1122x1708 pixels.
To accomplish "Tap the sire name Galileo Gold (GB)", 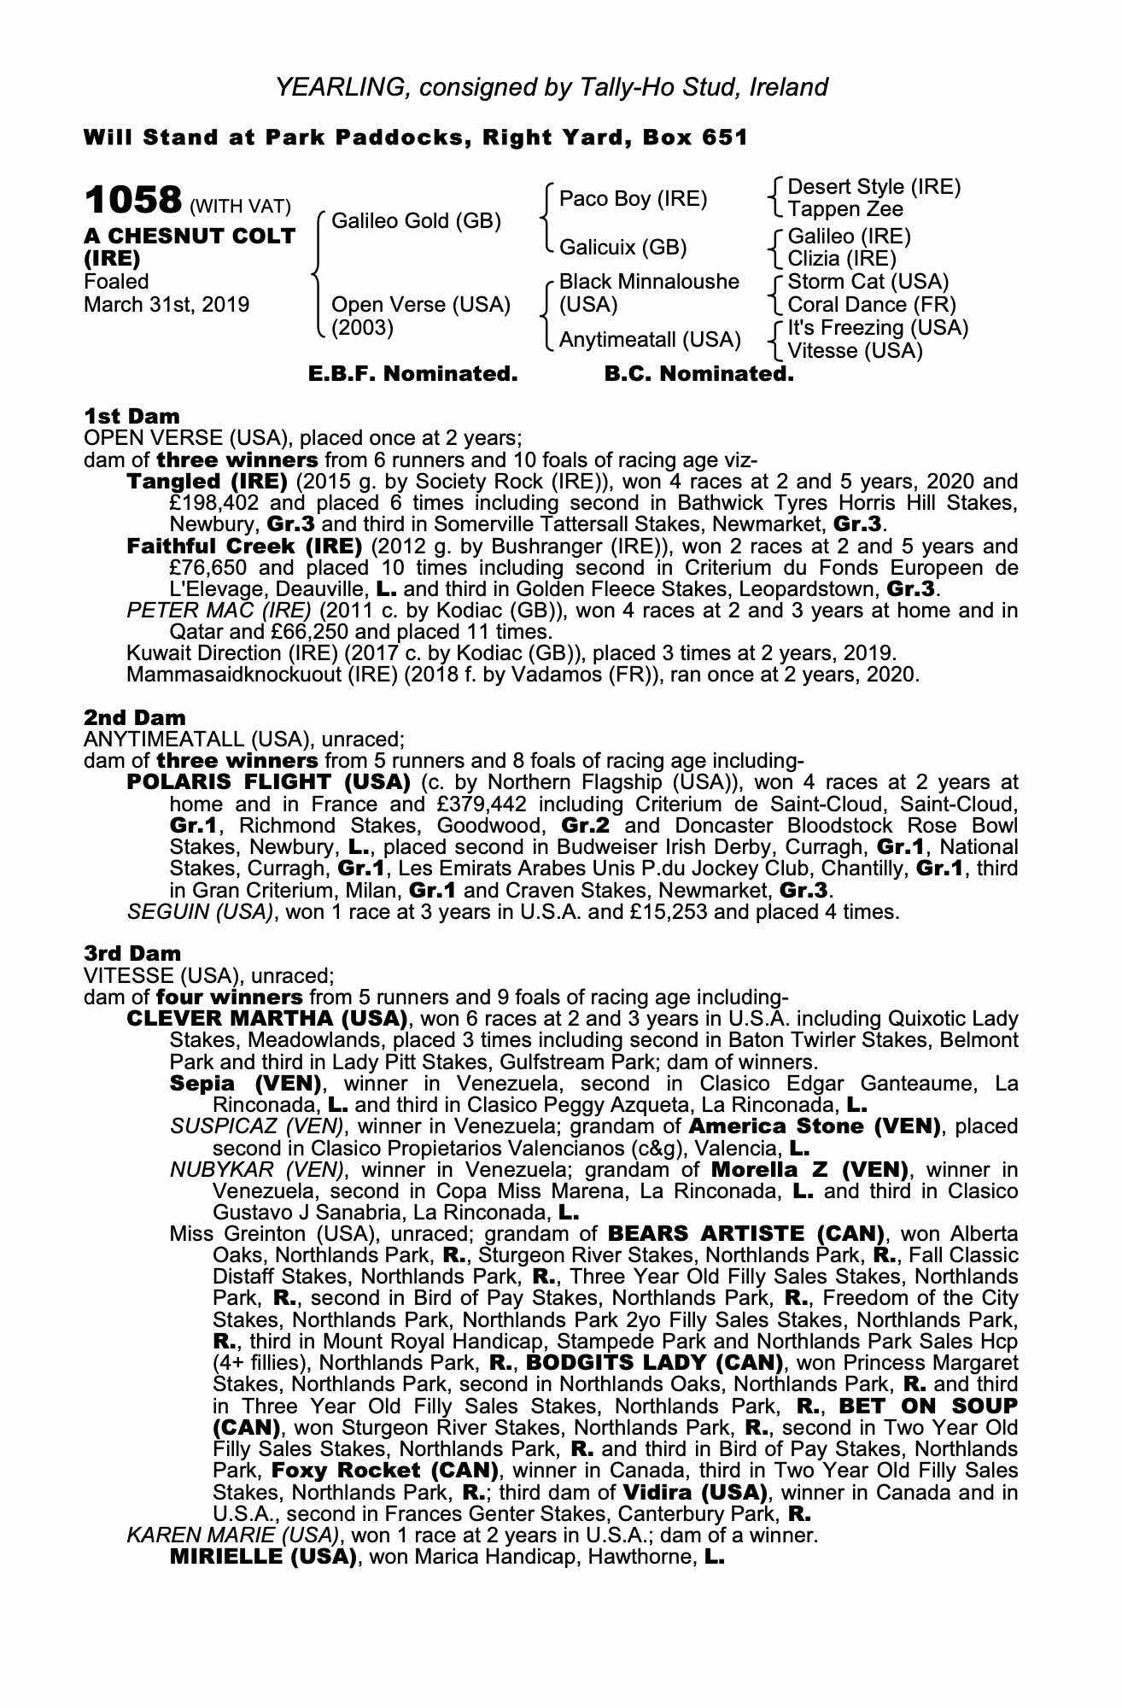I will (416, 221).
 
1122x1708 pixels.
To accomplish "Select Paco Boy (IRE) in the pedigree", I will (633, 199).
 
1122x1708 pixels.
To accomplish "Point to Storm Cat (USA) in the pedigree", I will (868, 282).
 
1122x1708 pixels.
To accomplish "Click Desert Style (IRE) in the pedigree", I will (874, 187).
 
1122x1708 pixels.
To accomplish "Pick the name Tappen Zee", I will (844, 209).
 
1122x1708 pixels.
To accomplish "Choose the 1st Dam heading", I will (131, 416).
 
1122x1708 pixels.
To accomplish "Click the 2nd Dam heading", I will (134, 717).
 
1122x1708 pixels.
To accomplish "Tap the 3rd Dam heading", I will (132, 953).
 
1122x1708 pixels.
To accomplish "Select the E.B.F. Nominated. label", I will (412, 374).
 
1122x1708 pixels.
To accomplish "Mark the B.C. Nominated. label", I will (698, 374).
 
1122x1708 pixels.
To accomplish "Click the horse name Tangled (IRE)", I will (207, 482).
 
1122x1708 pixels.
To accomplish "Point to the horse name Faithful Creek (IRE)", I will (244, 547).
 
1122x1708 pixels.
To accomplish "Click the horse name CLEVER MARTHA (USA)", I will (266, 1019).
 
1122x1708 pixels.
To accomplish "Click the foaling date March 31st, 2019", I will (167, 305).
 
